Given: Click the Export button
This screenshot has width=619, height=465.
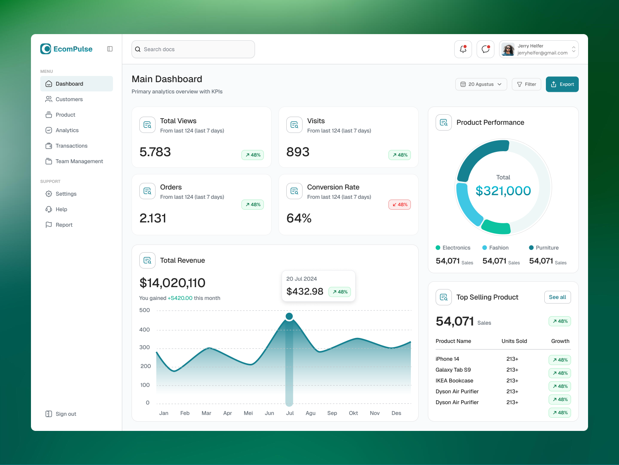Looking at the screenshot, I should (x=562, y=84).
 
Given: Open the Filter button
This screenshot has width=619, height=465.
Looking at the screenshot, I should (x=526, y=84).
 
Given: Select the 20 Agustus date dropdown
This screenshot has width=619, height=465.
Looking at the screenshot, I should (x=481, y=84).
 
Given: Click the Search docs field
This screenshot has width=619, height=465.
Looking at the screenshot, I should (x=193, y=49).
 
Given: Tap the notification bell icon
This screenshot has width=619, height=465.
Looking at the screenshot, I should (x=463, y=49).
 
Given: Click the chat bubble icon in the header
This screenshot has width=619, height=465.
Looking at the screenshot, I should (x=486, y=49).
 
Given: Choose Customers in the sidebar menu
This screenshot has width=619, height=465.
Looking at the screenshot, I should (x=69, y=99).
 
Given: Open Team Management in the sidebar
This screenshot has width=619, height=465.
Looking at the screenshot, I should (x=79, y=161).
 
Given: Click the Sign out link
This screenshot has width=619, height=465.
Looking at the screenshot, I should (x=66, y=414).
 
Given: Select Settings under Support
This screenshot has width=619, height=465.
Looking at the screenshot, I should (x=66, y=194).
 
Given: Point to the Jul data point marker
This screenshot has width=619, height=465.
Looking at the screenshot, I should (x=289, y=316).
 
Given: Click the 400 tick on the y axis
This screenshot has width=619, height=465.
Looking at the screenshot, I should (x=144, y=330).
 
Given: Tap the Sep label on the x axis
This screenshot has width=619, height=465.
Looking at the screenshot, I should (x=332, y=413).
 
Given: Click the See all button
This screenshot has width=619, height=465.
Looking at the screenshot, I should (x=557, y=297).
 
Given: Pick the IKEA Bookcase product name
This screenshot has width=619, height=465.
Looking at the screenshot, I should (x=454, y=381).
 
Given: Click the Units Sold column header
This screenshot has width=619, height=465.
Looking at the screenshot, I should (x=514, y=341).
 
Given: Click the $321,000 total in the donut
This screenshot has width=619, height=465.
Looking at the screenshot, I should (x=503, y=191).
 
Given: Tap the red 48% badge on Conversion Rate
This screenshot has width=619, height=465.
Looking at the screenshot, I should (x=399, y=205).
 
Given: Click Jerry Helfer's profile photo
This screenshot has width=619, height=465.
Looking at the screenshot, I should (x=508, y=50).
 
